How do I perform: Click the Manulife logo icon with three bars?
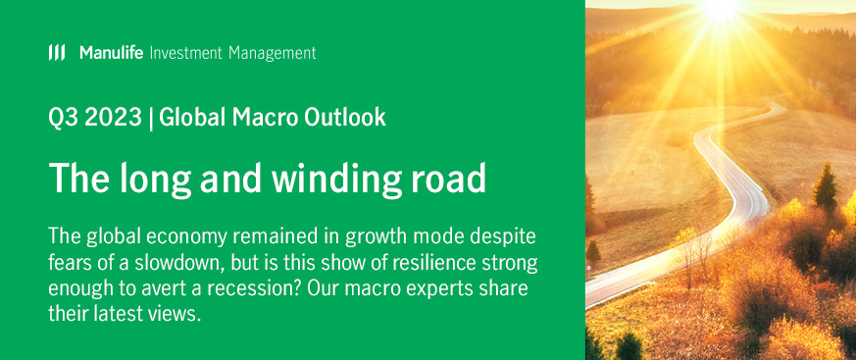tap(57, 52)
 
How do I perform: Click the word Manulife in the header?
tap(112, 52)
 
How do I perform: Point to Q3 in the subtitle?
tap(62, 118)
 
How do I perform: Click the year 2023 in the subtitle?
tap(111, 118)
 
